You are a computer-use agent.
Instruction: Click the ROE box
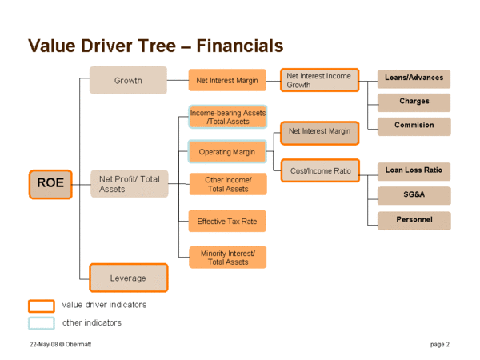click(50, 184)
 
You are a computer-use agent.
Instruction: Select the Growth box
click(128, 80)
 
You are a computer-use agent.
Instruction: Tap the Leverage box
click(129, 278)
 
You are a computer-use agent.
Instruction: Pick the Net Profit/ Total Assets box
click(130, 184)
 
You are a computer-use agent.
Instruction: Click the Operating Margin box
click(227, 151)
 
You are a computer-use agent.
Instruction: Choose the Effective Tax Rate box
click(227, 221)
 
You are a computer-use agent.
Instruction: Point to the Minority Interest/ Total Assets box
click(228, 258)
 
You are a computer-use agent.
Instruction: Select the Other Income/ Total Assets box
click(228, 184)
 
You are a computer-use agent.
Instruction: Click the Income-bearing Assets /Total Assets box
click(228, 117)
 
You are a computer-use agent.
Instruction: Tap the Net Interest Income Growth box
click(319, 80)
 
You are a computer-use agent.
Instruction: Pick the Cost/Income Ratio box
click(320, 170)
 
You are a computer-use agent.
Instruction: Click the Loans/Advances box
click(414, 79)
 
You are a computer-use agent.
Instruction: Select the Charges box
click(414, 102)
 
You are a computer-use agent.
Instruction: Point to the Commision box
click(414, 126)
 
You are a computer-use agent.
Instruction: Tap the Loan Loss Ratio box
click(414, 171)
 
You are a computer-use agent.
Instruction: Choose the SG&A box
click(414, 196)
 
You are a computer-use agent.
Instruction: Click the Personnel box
click(414, 221)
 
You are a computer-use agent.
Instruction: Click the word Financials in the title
click(240, 46)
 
